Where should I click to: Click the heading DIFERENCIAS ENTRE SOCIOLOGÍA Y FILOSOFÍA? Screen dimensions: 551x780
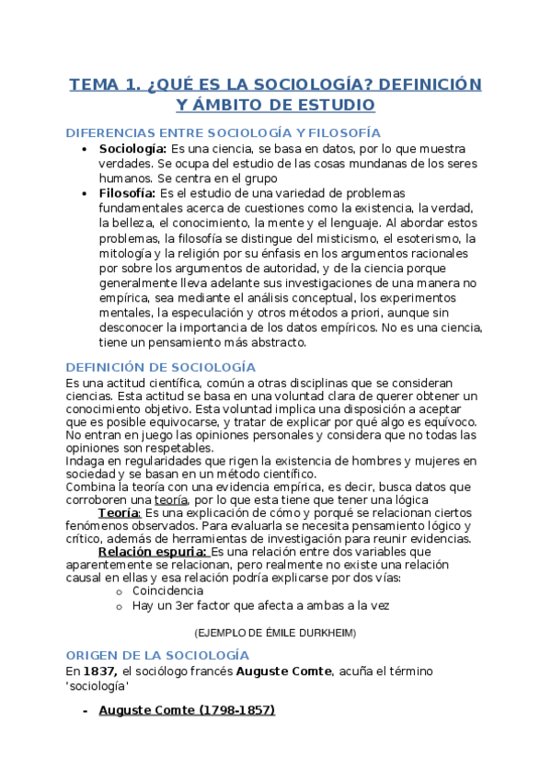224,132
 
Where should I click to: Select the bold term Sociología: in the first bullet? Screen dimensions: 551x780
132,149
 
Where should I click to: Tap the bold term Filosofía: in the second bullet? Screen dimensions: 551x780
128,193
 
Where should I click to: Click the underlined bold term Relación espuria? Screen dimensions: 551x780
153,551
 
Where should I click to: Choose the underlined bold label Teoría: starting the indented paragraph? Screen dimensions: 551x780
119,512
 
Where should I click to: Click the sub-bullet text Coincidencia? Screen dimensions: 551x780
168,591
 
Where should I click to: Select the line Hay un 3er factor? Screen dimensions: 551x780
260,606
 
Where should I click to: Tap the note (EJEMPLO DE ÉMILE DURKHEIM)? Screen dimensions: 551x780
275,634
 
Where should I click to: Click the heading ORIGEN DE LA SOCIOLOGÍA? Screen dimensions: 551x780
156,655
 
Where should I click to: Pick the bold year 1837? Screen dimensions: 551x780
101,671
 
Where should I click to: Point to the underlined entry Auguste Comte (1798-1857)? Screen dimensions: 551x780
186,710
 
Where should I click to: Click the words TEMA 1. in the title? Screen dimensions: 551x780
104,85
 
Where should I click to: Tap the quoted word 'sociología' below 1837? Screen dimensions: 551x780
97,686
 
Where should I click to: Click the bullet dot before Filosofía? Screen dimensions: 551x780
85,193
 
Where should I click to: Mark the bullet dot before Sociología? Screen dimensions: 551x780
85,149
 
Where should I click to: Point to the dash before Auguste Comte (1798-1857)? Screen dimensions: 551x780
85,710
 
